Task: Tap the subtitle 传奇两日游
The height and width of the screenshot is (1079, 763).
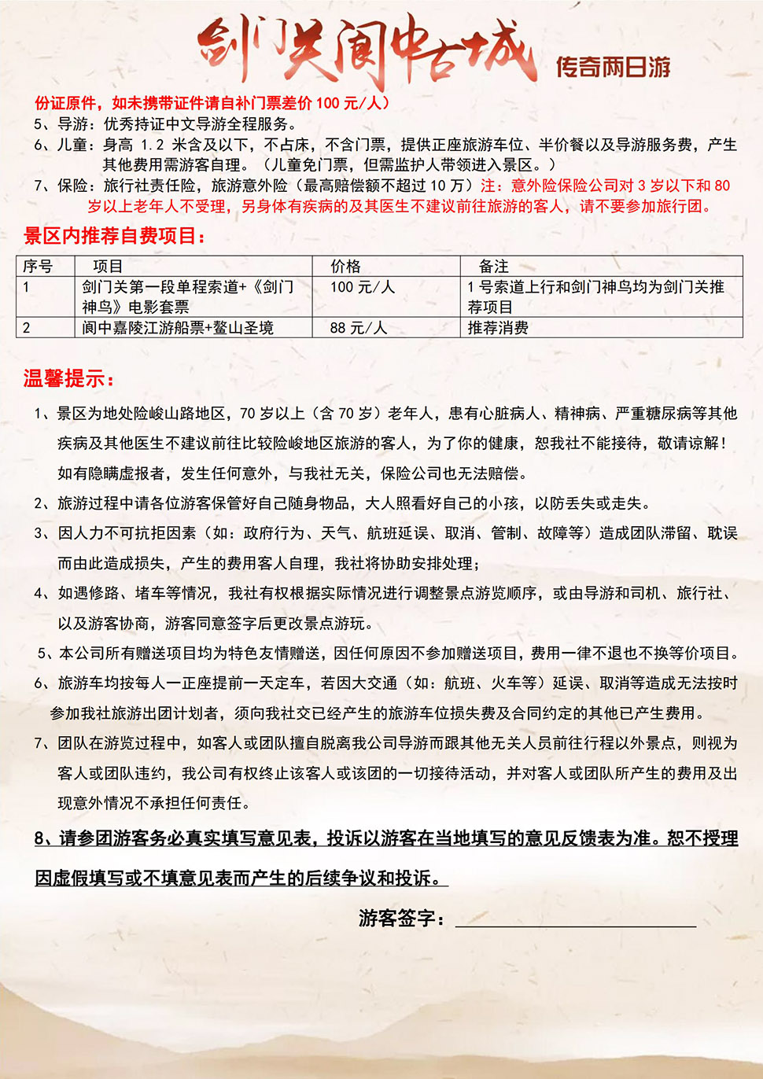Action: pos(613,67)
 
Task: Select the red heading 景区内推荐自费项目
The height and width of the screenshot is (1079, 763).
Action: pos(115,236)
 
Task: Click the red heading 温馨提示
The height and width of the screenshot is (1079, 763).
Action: pos(68,378)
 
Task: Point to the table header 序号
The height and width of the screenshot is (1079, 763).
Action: pos(38,267)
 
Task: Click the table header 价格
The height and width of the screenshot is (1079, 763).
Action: pos(345,267)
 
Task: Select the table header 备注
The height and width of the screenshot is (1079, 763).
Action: pos(494,267)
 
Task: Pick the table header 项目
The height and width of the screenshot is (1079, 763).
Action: pos(108,267)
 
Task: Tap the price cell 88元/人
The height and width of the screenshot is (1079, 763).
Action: pos(358,327)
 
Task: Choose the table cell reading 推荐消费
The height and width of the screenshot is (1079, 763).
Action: pos(498,327)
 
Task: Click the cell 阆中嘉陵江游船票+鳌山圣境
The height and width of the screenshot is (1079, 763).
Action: pos(178,327)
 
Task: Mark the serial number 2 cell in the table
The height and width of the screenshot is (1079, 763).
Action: pos(27,327)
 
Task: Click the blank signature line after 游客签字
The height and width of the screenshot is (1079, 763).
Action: pos(575,920)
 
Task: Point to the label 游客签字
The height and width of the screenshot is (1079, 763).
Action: pos(401,918)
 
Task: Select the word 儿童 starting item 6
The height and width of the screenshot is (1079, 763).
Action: pos(72,145)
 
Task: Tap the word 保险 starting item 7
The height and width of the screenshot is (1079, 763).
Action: pos(72,186)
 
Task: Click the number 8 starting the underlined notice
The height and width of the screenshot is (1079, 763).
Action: pos(39,838)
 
